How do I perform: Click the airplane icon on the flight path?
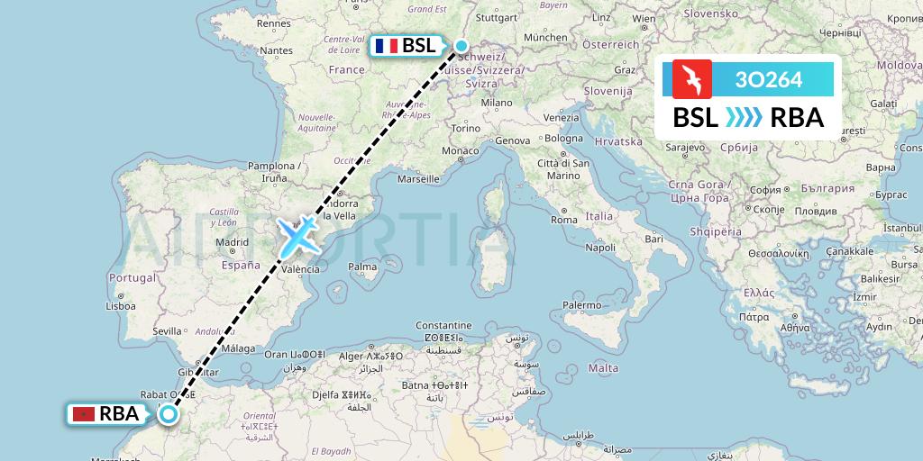(297, 236)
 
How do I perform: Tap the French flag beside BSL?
(387, 46)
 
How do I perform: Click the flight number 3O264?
(768, 79)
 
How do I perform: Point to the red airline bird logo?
(692, 79)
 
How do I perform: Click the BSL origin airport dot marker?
(461, 46)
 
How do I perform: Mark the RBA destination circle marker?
(168, 414)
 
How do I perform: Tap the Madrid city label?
(232, 242)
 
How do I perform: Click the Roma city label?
(564, 220)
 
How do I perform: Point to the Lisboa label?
(120, 306)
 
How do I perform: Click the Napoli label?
(600, 247)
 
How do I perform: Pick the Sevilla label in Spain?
(168, 330)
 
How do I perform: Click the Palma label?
(362, 267)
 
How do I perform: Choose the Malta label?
(603, 368)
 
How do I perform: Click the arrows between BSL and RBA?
(744, 118)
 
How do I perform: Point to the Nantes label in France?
(276, 50)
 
